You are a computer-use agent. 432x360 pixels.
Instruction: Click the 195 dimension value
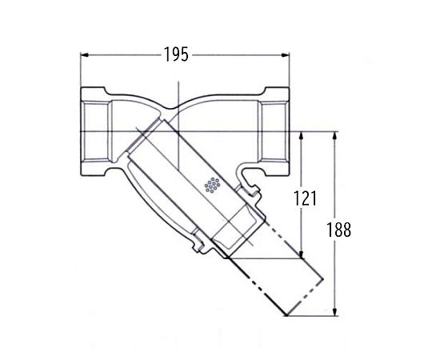pos(176,54)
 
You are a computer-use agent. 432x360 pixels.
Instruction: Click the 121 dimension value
pos(305,198)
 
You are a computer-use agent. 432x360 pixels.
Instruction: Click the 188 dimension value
pos(338,230)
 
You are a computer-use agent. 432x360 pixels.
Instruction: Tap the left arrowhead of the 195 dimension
pos(84,55)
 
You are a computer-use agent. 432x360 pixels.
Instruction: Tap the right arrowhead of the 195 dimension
pos(286,55)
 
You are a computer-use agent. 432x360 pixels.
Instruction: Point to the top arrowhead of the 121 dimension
pos(302,135)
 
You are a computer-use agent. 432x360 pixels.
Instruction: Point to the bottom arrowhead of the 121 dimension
pos(302,254)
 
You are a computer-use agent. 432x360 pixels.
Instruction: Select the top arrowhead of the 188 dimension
pos(334,135)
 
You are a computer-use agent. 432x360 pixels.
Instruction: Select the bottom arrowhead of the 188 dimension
pos(334,311)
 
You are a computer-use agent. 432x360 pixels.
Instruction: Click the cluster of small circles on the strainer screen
pos(212,185)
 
